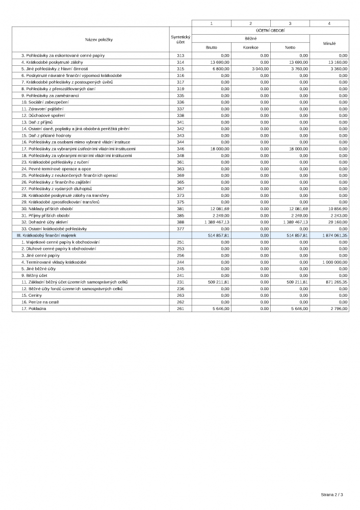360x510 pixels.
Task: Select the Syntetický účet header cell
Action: (180, 39)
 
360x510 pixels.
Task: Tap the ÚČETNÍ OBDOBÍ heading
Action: (270, 30)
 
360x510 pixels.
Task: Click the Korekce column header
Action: (250, 47)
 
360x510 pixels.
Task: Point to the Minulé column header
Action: (329, 43)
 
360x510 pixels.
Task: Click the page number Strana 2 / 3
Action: (332, 494)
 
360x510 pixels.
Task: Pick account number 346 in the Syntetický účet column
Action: (180, 148)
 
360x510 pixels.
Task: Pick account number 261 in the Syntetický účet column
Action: (180, 308)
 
